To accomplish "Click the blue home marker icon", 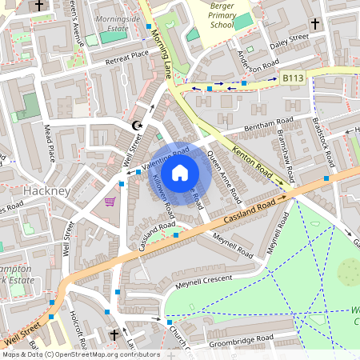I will tap(180, 173).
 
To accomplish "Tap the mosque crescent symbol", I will tap(137, 126).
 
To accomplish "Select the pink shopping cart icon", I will tap(110, 200).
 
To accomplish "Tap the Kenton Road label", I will tap(258, 164).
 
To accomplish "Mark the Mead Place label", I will tap(49, 143).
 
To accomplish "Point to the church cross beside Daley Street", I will tap(317, 23).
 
